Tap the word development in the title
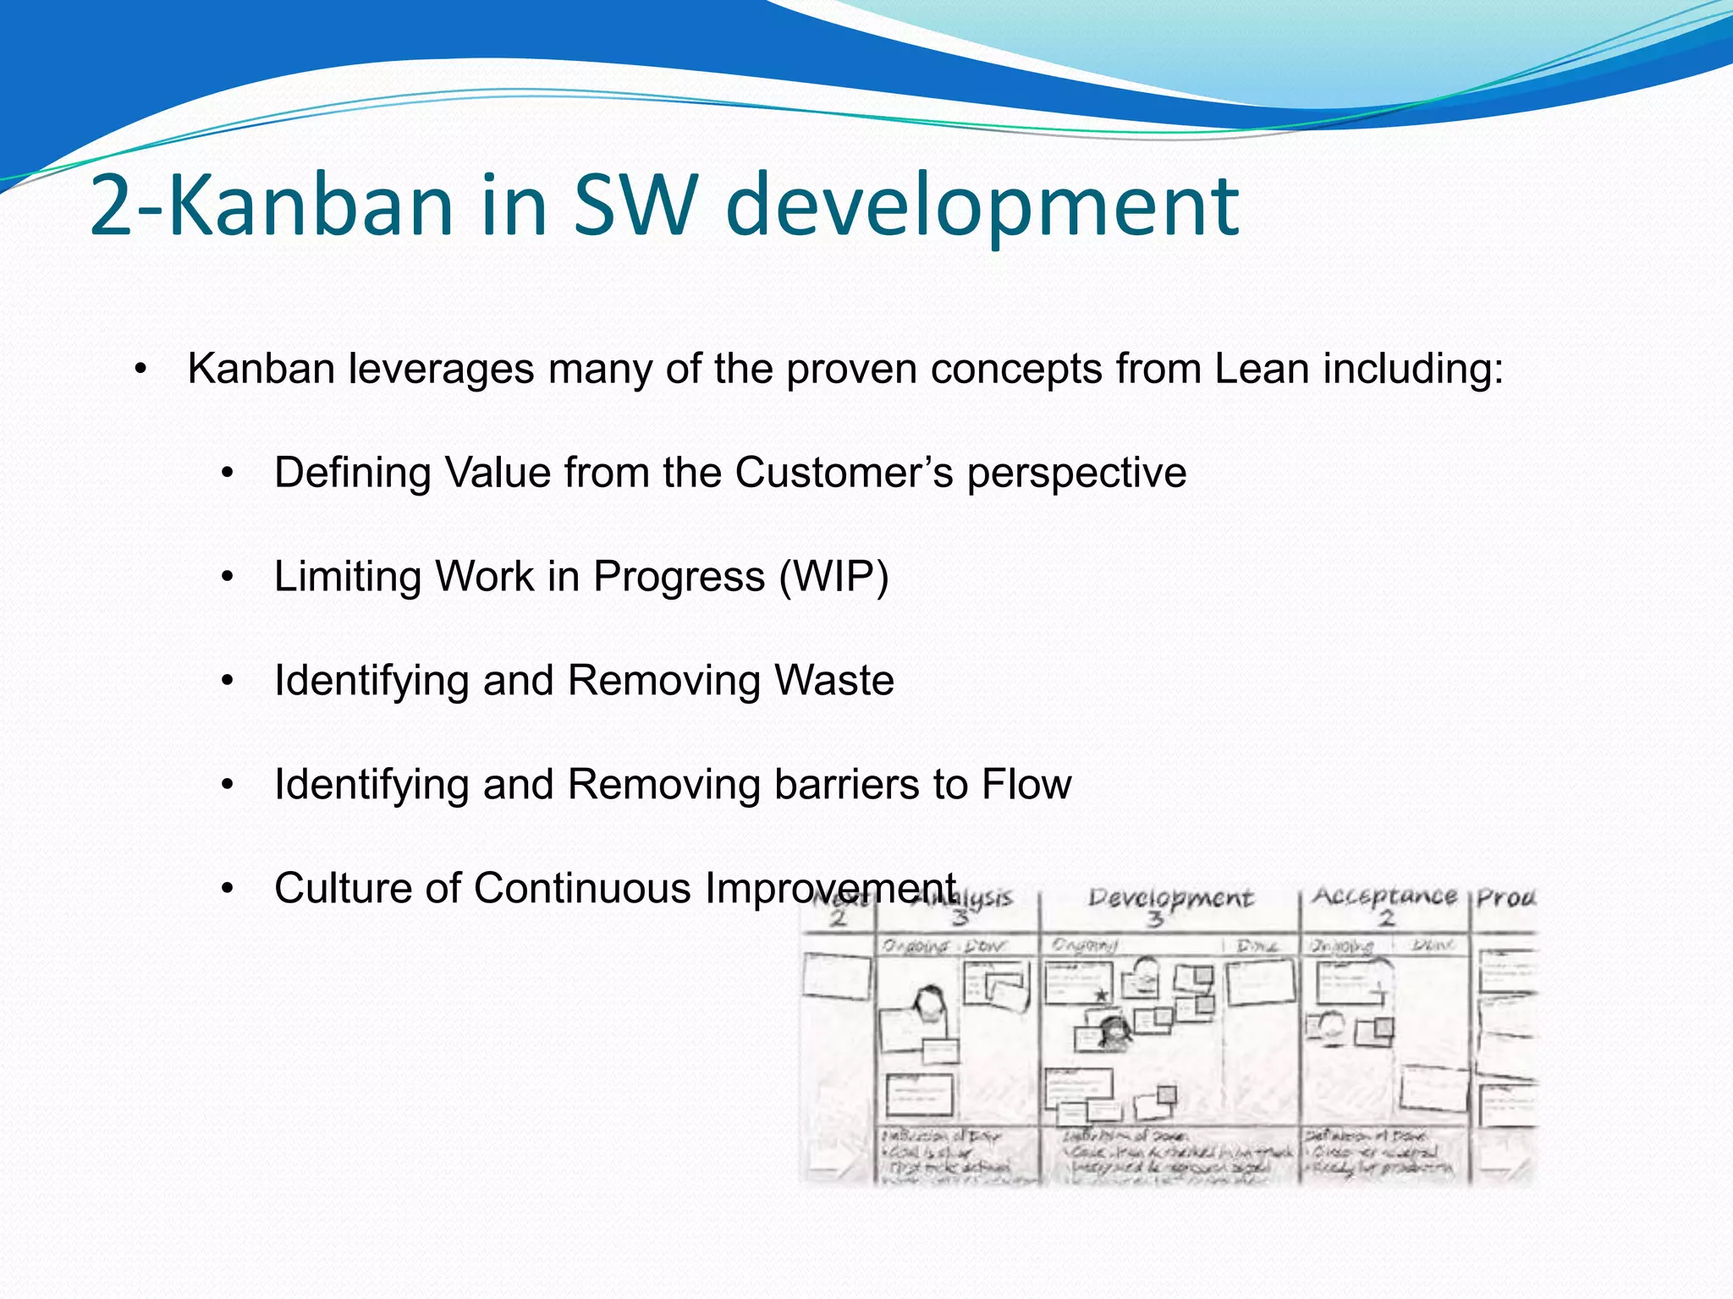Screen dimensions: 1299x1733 982,207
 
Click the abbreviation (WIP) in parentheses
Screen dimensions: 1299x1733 833,577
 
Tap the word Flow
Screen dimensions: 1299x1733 1026,784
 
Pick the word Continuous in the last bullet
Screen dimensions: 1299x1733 583,888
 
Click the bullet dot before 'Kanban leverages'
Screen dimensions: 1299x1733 140,370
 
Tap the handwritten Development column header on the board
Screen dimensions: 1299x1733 1170,898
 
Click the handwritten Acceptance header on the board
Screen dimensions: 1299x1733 1384,896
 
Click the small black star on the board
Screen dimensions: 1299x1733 1101,995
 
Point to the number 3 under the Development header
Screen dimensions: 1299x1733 1156,919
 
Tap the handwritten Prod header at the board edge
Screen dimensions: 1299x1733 1505,897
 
